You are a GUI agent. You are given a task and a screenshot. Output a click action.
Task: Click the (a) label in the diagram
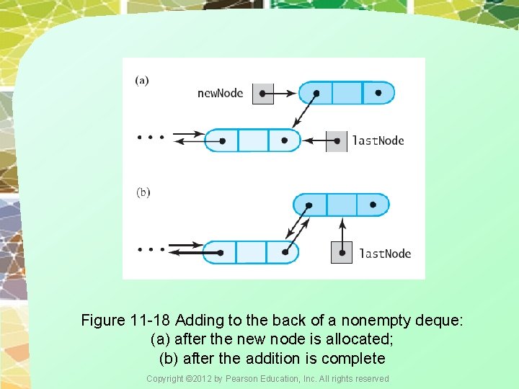[142, 80]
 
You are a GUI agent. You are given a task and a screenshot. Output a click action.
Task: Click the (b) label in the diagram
[143, 192]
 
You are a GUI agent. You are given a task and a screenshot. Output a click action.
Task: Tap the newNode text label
[220, 93]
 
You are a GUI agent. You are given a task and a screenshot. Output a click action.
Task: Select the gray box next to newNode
[263, 94]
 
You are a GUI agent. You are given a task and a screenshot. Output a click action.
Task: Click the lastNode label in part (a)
[378, 140]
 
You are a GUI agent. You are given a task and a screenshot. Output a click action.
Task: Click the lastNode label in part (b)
[385, 253]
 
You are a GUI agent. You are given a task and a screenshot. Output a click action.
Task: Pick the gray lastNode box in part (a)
[336, 140]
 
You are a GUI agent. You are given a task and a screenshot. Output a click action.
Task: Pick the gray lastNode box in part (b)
[342, 253]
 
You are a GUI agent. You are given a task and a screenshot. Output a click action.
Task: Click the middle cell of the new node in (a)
[347, 93]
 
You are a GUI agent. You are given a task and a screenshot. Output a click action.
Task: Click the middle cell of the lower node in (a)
[252, 140]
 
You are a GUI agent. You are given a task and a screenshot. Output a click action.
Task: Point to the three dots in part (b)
[151, 250]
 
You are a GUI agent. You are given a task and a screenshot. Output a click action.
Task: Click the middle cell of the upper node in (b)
[341, 205]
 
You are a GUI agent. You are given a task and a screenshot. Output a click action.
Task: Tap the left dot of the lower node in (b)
[220, 253]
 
